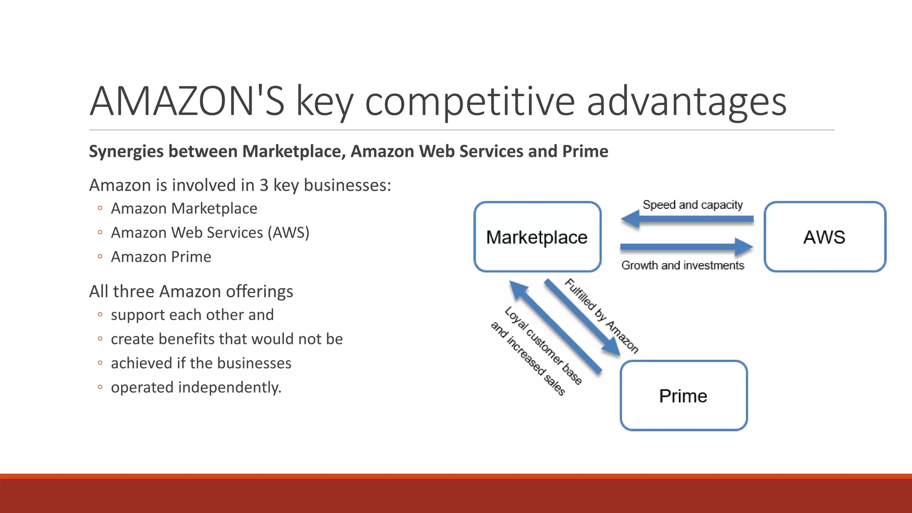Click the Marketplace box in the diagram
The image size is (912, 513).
pyautogui.click(x=537, y=237)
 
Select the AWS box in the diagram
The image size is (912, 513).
pyautogui.click(x=825, y=237)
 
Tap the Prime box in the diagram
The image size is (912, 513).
pyautogui.click(x=684, y=396)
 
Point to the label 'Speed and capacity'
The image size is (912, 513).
pyautogui.click(x=692, y=205)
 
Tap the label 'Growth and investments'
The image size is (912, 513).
pyautogui.click(x=683, y=265)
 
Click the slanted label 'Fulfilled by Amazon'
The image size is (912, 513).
pyautogui.click(x=602, y=315)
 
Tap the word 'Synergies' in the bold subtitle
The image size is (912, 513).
pyautogui.click(x=126, y=152)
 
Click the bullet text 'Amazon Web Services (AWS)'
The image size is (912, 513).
pyautogui.click(x=210, y=232)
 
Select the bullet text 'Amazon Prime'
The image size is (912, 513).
pyautogui.click(x=161, y=257)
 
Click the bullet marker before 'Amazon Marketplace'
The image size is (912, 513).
pyautogui.click(x=100, y=208)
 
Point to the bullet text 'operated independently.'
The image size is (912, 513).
pyautogui.click(x=196, y=387)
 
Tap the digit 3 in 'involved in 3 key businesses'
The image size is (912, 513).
pyautogui.click(x=264, y=185)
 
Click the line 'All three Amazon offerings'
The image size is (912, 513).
pyautogui.click(x=191, y=292)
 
